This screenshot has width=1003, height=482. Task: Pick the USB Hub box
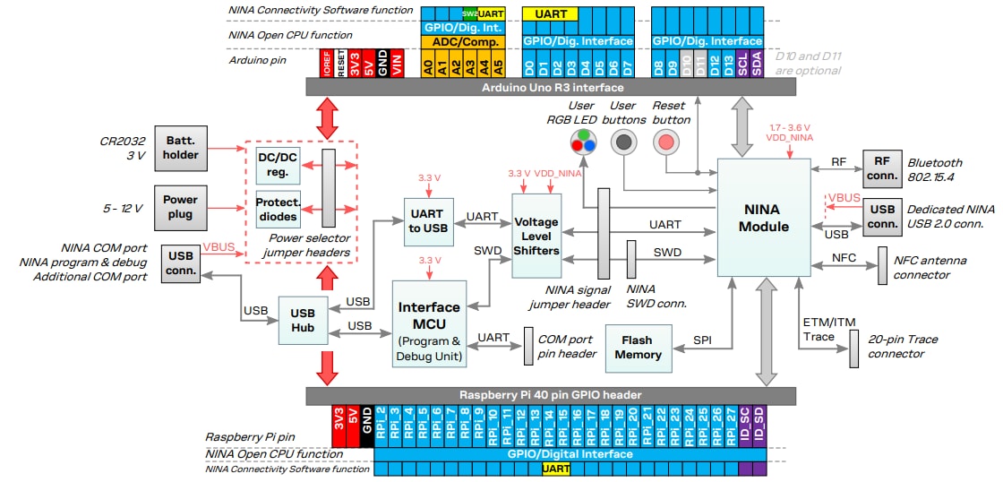click(303, 321)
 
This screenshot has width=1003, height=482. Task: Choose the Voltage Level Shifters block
click(536, 236)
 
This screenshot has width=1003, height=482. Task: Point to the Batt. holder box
click(181, 148)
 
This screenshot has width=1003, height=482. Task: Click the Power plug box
click(181, 207)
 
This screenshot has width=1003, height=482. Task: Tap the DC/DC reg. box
click(279, 165)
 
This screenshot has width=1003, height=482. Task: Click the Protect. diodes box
click(279, 211)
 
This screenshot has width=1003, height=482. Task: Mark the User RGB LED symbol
click(583, 141)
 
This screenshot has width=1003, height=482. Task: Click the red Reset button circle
click(665, 141)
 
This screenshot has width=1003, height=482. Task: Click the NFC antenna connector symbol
click(882, 266)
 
